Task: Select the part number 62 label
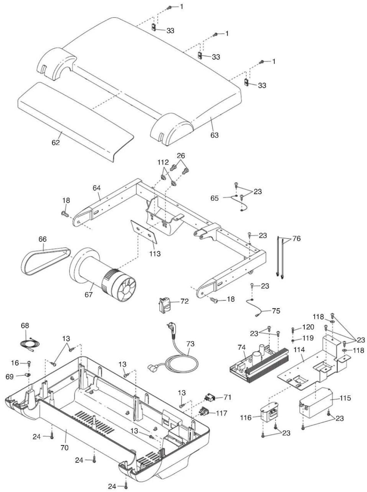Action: [56, 142]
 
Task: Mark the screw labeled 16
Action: [29, 363]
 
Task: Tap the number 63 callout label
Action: [214, 135]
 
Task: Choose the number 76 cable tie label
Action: [296, 239]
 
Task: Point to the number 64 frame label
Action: [97, 188]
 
